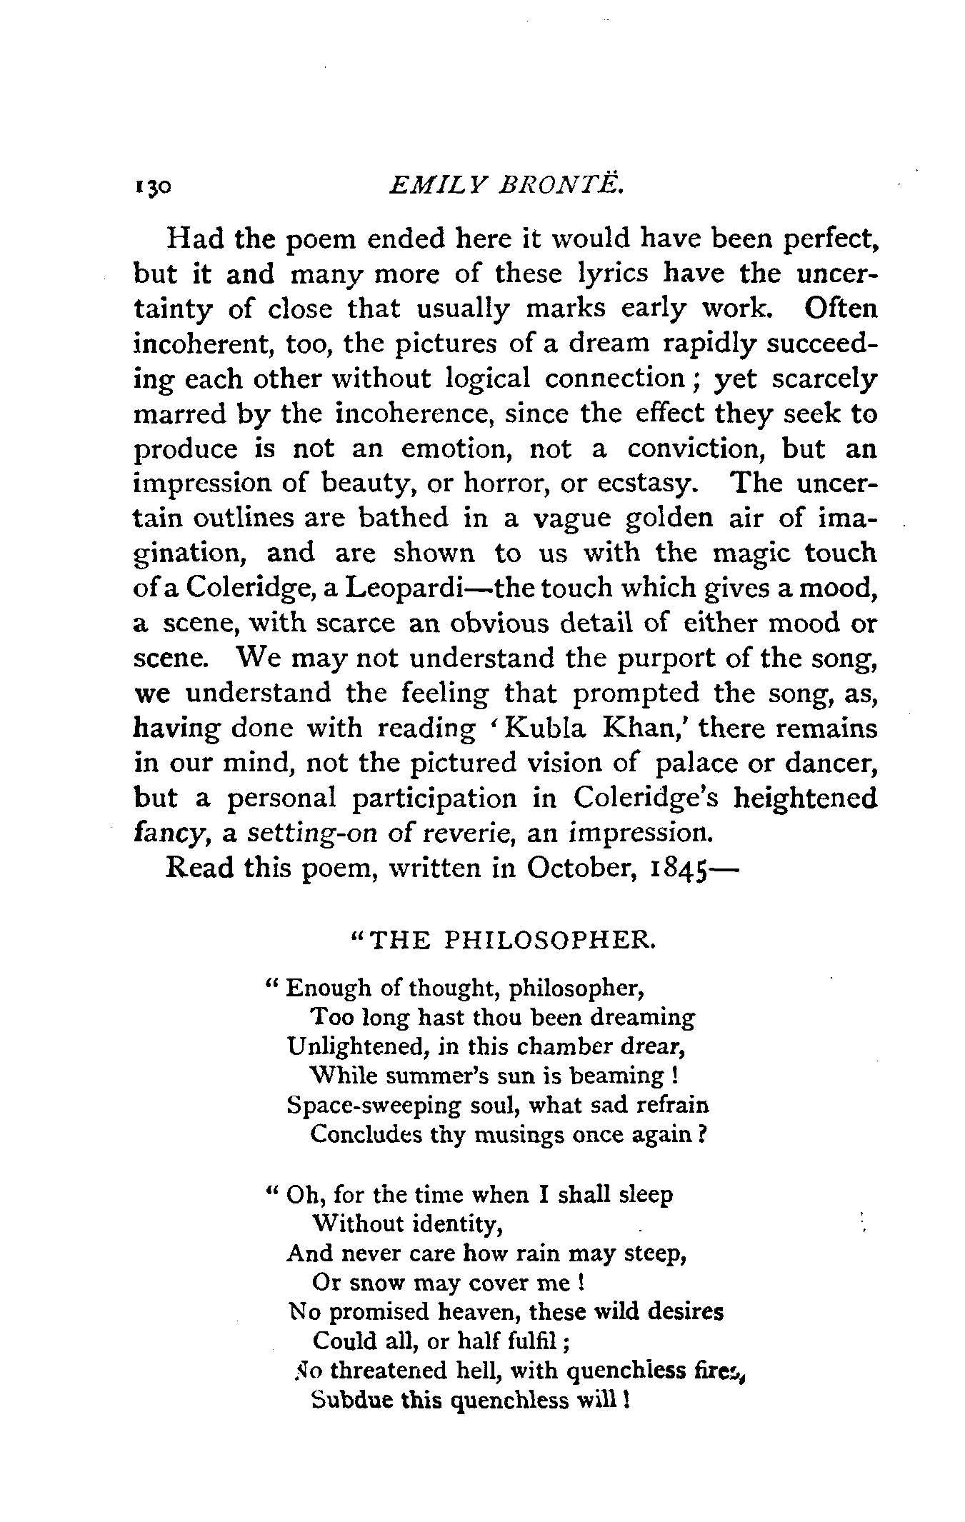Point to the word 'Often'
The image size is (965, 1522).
[840, 309]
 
